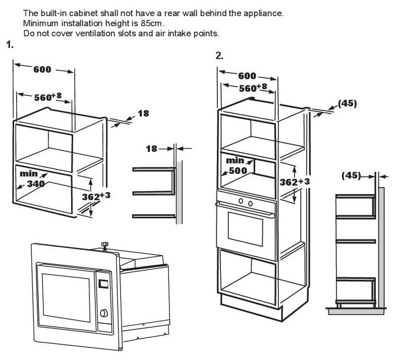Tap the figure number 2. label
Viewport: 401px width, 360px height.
tap(219, 56)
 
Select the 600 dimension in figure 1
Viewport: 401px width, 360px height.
tap(42, 70)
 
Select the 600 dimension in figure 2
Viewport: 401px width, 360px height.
tap(247, 76)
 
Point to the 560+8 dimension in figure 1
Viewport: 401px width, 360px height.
tap(48, 97)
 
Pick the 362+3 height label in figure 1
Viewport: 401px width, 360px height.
tap(96, 196)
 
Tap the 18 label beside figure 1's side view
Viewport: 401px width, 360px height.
tap(151, 148)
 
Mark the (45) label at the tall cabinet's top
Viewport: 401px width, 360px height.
tap(347, 103)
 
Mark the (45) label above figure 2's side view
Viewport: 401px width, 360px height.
tap(352, 175)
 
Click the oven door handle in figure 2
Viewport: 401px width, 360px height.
tap(245, 206)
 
